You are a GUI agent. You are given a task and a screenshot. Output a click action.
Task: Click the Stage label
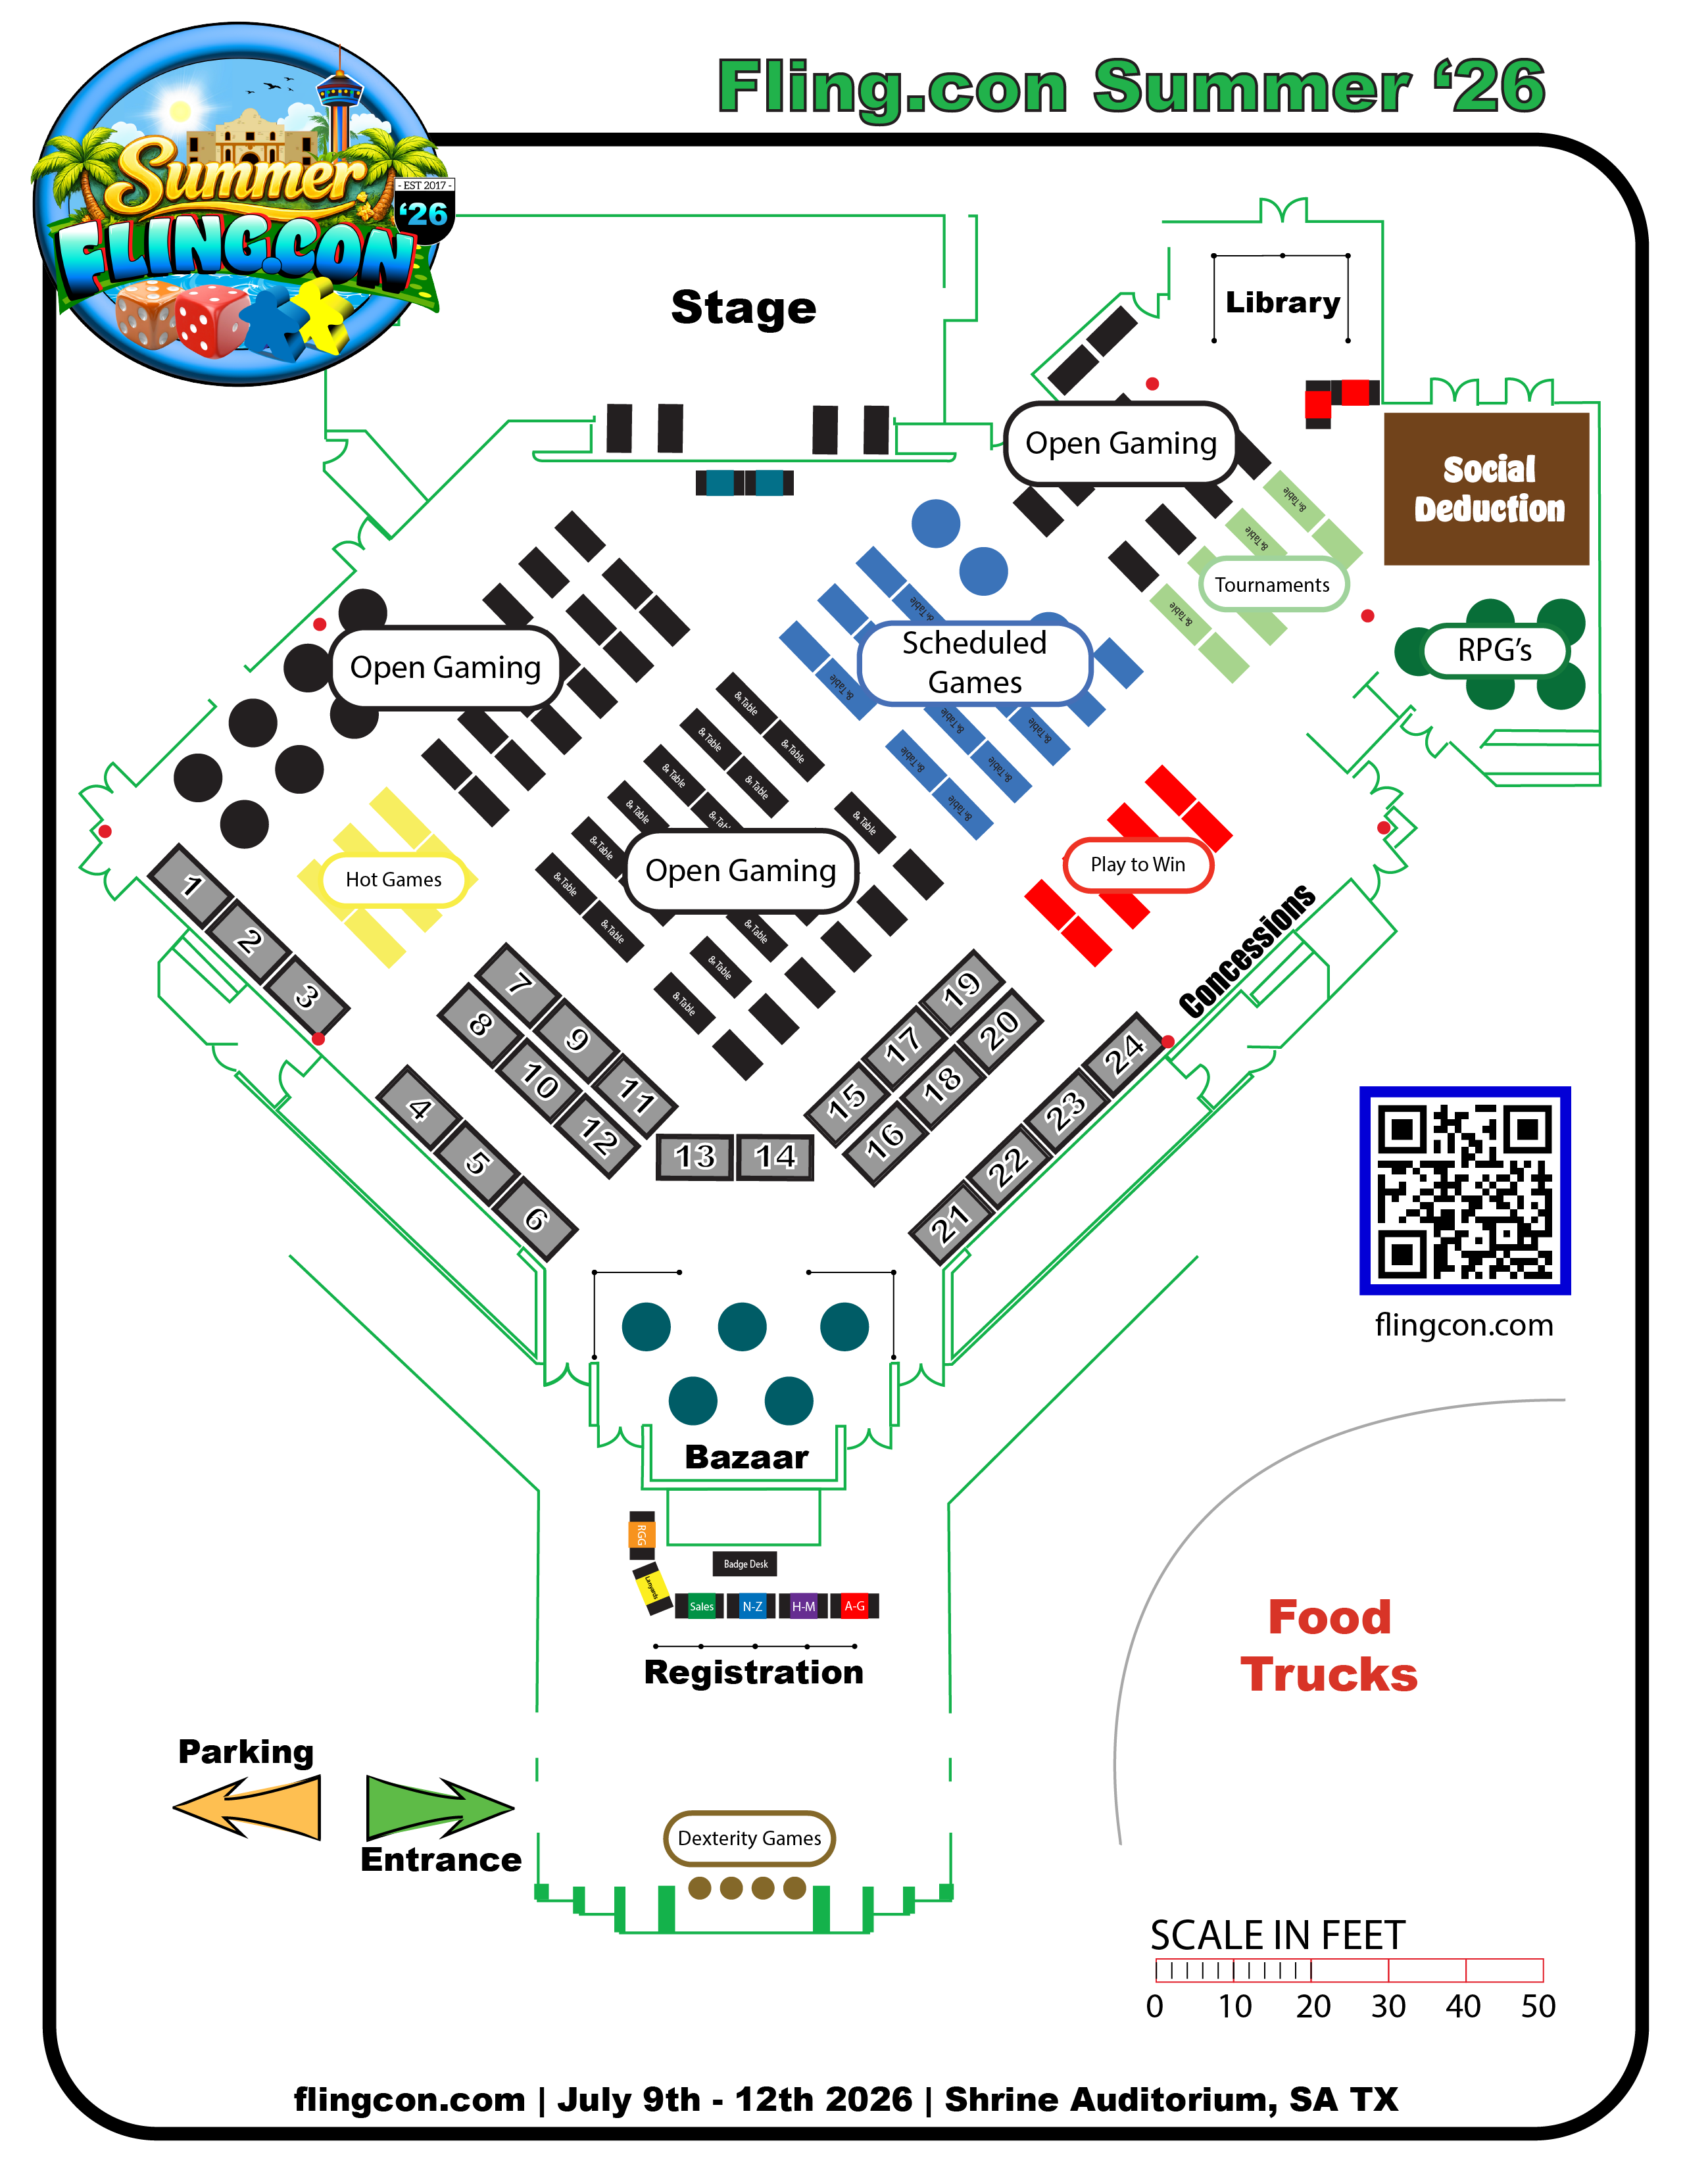[x=743, y=307]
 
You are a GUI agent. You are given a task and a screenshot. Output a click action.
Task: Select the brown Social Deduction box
[x=1486, y=489]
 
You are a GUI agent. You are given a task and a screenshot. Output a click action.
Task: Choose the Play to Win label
[x=1138, y=865]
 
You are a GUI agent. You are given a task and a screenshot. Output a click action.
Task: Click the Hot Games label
[x=393, y=879]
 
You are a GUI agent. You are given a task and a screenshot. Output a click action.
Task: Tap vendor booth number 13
[x=695, y=1157]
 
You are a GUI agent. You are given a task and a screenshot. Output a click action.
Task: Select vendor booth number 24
[x=1125, y=1053]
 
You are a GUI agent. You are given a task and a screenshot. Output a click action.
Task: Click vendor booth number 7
[x=520, y=984]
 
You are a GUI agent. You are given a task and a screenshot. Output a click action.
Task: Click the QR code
[x=1465, y=1190]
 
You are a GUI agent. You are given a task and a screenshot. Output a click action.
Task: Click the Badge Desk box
[x=745, y=1564]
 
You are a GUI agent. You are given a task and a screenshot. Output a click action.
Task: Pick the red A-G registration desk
[x=854, y=1606]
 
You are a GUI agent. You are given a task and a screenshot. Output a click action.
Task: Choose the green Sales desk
[x=701, y=1606]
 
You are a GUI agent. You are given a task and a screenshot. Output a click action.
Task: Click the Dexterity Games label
[x=749, y=1838]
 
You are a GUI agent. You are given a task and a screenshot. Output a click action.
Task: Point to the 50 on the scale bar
[x=1538, y=2006]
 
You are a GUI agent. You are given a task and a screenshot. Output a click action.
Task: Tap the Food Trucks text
[x=1329, y=1645]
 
